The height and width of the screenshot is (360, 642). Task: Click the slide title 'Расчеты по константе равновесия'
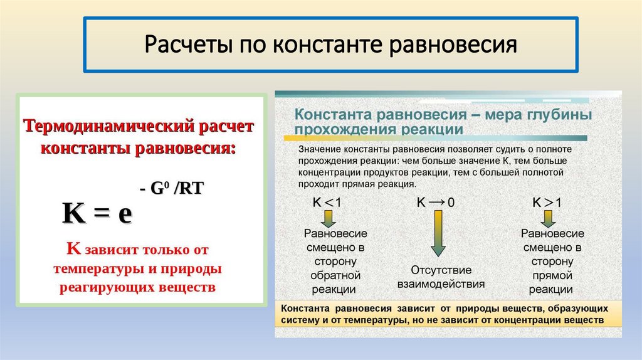click(331, 45)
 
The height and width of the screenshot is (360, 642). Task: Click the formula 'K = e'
click(97, 213)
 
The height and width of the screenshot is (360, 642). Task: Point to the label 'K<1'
click(327, 203)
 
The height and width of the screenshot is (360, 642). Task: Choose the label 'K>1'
click(547, 203)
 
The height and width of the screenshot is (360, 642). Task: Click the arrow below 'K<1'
click(328, 218)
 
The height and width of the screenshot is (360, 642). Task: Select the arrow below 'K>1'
click(547, 218)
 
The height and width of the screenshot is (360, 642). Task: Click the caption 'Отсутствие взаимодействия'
click(441, 277)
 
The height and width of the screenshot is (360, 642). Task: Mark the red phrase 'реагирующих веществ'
click(137, 287)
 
